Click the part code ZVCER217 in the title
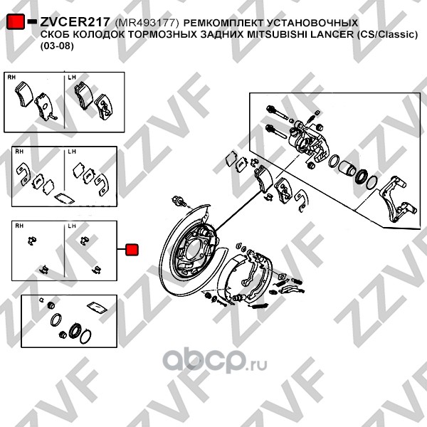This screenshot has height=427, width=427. pyautogui.click(x=75, y=22)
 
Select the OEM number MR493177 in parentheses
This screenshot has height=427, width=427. pyautogui.click(x=147, y=23)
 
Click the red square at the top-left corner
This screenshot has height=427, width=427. pyautogui.click(x=16, y=21)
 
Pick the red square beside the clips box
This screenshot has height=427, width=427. pyautogui.click(x=132, y=250)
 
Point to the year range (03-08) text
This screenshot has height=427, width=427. pyautogui.click(x=57, y=46)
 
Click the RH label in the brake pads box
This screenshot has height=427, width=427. pyautogui.click(x=11, y=78)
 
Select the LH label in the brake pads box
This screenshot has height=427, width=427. pyautogui.click(x=72, y=78)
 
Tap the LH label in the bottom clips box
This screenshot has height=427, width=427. pyautogui.click(x=72, y=226)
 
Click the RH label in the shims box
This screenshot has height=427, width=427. pyautogui.click(x=19, y=152)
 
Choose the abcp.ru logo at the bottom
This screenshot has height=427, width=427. pyautogui.click(x=215, y=360)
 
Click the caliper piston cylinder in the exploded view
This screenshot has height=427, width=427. pyautogui.click(x=347, y=167)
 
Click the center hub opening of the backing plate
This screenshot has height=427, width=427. pyautogui.click(x=194, y=250)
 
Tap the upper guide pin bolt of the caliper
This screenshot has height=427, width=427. pyautogui.click(x=278, y=112)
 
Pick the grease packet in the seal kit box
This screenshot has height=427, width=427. pyautogui.click(x=97, y=307)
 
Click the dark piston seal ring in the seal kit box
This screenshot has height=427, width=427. pyautogui.click(x=74, y=331)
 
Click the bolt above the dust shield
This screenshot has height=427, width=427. pyautogui.click(x=179, y=201)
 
